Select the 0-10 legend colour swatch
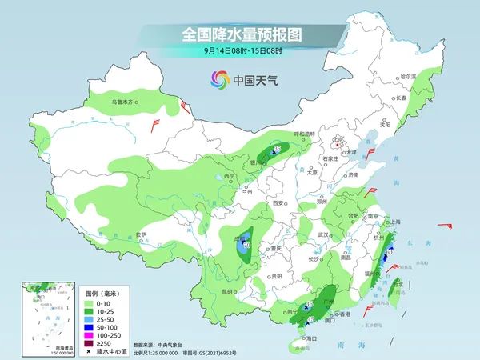(x=87, y=305)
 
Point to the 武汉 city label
(x=323, y=234)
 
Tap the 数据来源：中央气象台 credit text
(x=162, y=345)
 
